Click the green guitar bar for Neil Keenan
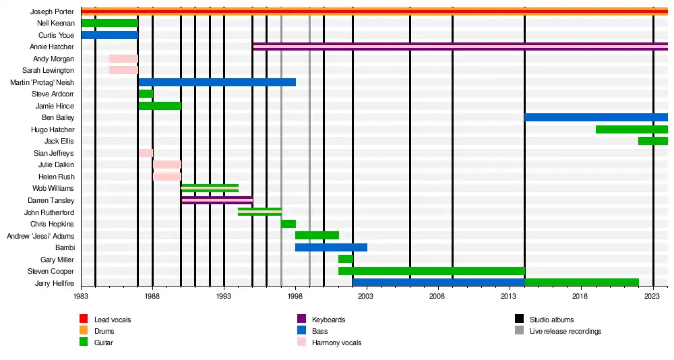tap(109, 23)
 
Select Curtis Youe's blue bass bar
tap(109, 35)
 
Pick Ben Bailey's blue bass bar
tap(596, 117)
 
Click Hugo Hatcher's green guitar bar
tap(632, 129)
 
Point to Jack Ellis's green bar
tap(652, 141)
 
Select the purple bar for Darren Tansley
tap(217, 200)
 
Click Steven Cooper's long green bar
tap(431, 271)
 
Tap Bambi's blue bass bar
tap(331, 247)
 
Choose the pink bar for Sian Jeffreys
tap(146, 153)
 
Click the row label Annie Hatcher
tap(52, 47)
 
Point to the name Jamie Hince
tap(55, 107)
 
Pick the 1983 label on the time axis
tap(81, 295)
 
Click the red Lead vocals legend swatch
tap(84, 319)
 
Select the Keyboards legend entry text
tap(329, 320)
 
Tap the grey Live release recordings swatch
tap(519, 331)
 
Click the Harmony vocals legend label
tap(336, 343)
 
